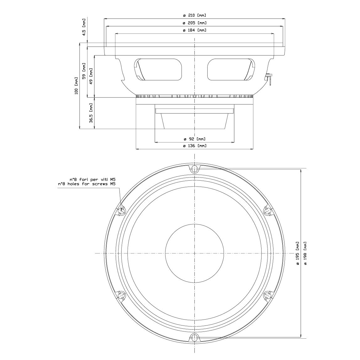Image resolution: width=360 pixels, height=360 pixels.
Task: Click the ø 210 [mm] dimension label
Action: (x=194, y=15)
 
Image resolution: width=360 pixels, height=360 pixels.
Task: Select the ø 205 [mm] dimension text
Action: (x=194, y=23)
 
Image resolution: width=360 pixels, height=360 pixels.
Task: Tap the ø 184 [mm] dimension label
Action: (x=194, y=30)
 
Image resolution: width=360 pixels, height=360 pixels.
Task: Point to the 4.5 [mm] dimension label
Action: (x=84, y=27)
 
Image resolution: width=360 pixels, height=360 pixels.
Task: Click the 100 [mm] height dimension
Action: (x=76, y=85)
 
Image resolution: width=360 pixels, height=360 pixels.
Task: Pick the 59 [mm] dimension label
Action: (x=84, y=71)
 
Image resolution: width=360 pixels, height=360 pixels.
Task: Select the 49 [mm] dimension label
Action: (x=91, y=76)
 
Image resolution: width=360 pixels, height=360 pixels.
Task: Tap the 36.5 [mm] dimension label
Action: (x=91, y=113)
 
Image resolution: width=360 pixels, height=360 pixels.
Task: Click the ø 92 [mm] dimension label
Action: (x=194, y=139)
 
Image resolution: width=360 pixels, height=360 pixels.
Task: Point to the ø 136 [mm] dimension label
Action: (x=194, y=146)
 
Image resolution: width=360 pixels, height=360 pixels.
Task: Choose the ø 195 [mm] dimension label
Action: (x=298, y=253)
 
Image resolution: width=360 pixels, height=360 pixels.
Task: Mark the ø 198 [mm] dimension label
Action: (x=305, y=253)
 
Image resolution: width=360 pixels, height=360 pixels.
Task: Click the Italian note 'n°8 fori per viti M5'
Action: (x=93, y=179)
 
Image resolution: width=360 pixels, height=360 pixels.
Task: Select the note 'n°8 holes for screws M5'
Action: (x=87, y=184)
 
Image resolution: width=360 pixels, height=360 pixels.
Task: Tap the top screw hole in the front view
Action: (x=194, y=169)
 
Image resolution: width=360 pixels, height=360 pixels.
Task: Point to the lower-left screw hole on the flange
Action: (x=121, y=296)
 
